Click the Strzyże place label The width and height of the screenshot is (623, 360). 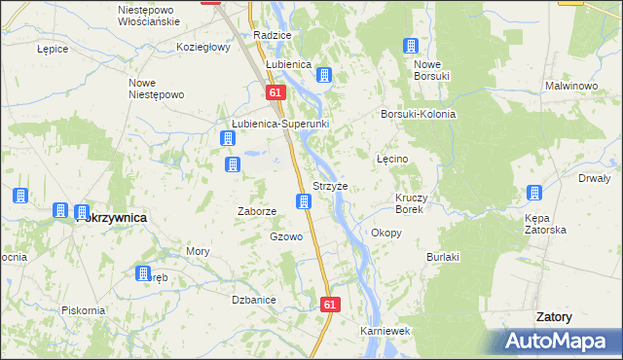click(329, 186)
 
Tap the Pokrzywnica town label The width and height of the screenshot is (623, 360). click(112, 218)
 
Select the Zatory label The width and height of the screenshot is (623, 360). click(554, 317)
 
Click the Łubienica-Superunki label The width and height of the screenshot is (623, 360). click(280, 125)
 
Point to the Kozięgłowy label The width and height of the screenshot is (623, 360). click(202, 47)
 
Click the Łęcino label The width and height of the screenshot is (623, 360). click(391, 158)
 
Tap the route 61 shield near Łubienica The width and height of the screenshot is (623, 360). click(275, 92)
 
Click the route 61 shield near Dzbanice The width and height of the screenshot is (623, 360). click(329, 305)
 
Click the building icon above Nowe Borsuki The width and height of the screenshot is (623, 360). click(411, 47)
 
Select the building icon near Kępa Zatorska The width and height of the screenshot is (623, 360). click(534, 193)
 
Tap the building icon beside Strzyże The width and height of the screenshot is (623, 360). click(305, 202)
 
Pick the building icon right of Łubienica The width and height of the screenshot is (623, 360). click(325, 75)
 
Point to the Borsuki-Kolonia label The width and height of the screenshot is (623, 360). click(419, 114)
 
